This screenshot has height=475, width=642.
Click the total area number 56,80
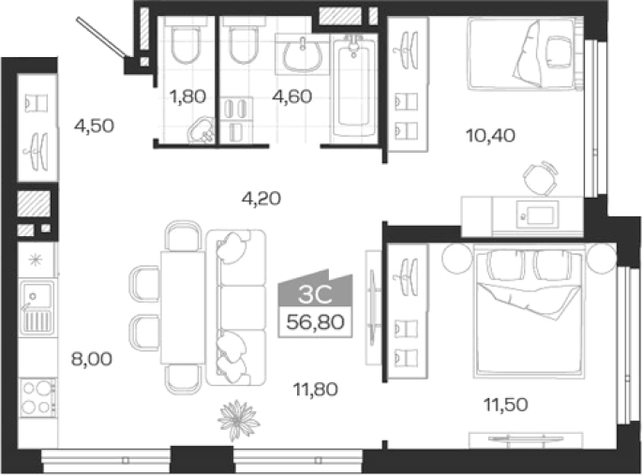coord(315,322)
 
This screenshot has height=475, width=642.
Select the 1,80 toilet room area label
coord(187,96)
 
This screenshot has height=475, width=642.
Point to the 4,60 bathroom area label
coord(292,96)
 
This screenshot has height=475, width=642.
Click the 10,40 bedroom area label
coord(490,136)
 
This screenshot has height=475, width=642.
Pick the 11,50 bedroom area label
coord(506,405)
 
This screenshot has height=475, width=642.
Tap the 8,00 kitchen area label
coord(92,359)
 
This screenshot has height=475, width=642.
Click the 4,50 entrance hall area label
coord(94,126)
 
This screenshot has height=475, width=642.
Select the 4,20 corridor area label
coord(261,199)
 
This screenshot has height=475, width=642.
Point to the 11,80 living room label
coord(316,389)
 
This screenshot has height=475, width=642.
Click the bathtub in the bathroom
coord(353,87)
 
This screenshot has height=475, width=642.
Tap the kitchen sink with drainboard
coord(37,307)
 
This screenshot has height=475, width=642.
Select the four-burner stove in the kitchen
coord(37,397)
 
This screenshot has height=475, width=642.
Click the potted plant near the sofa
coord(238,421)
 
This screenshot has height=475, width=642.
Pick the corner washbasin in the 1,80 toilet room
coord(202,130)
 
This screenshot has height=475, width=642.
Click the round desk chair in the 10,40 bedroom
coord(541,178)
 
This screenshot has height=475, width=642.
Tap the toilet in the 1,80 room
coord(186,44)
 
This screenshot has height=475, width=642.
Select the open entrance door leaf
coord(102,37)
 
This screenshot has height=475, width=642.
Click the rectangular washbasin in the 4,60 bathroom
coord(303,55)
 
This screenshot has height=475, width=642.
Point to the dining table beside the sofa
coord(183,307)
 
